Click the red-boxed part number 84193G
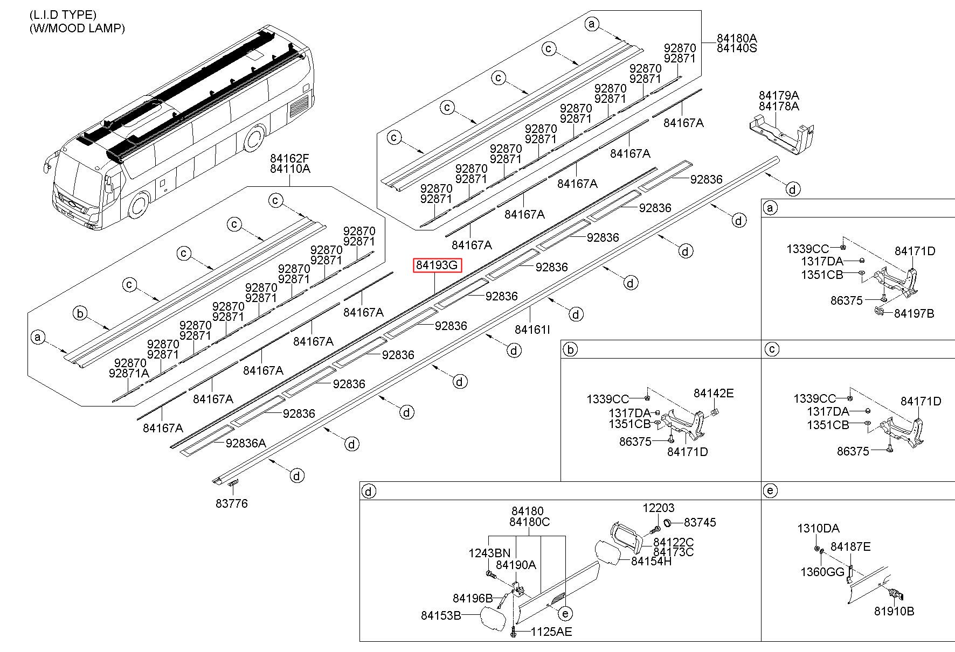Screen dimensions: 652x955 coord(437,265)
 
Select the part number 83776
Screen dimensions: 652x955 coord(232,504)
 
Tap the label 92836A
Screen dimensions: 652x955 coord(246,443)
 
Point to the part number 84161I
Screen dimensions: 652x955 coord(532,329)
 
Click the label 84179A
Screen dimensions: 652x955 coord(779,96)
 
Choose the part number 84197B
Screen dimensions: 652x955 coord(914,313)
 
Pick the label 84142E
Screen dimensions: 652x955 coord(713,394)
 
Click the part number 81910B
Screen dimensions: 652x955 coord(894,612)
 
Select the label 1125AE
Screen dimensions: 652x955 coord(551,632)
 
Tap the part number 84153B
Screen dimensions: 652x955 coord(441,615)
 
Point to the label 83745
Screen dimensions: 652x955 coord(700,522)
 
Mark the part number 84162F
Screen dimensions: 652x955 coord(290,159)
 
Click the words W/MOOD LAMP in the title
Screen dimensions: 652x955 coord(77,28)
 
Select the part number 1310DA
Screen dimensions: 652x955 coord(818,529)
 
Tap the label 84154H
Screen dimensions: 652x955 coord(651,562)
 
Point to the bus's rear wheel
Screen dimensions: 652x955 coord(253,138)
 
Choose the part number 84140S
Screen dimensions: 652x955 coord(736,48)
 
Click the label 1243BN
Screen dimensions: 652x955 coord(489,553)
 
